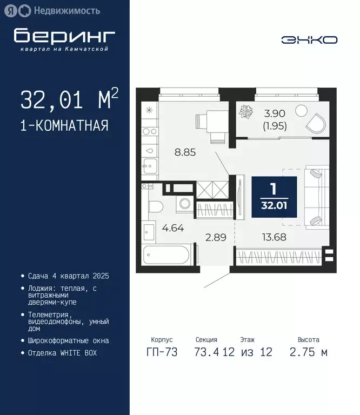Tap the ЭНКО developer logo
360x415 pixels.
click(x=309, y=40)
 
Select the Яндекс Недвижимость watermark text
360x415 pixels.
click(x=59, y=10)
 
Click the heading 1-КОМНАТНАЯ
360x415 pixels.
click(x=64, y=126)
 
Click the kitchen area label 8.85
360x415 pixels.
click(x=185, y=152)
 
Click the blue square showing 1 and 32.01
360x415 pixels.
click(x=274, y=197)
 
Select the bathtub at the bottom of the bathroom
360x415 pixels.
click(x=165, y=253)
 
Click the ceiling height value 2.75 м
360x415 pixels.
click(x=309, y=352)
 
